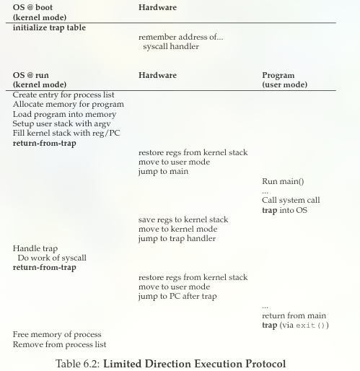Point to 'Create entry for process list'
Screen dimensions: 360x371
tap(63, 95)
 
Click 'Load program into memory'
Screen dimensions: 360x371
tap(59, 114)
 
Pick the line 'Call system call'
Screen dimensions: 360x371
tap(291, 200)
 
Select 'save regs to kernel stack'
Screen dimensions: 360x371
tap(183, 219)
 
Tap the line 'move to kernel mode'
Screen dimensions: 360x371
tap(177, 229)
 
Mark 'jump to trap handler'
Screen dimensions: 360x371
tap(177, 238)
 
